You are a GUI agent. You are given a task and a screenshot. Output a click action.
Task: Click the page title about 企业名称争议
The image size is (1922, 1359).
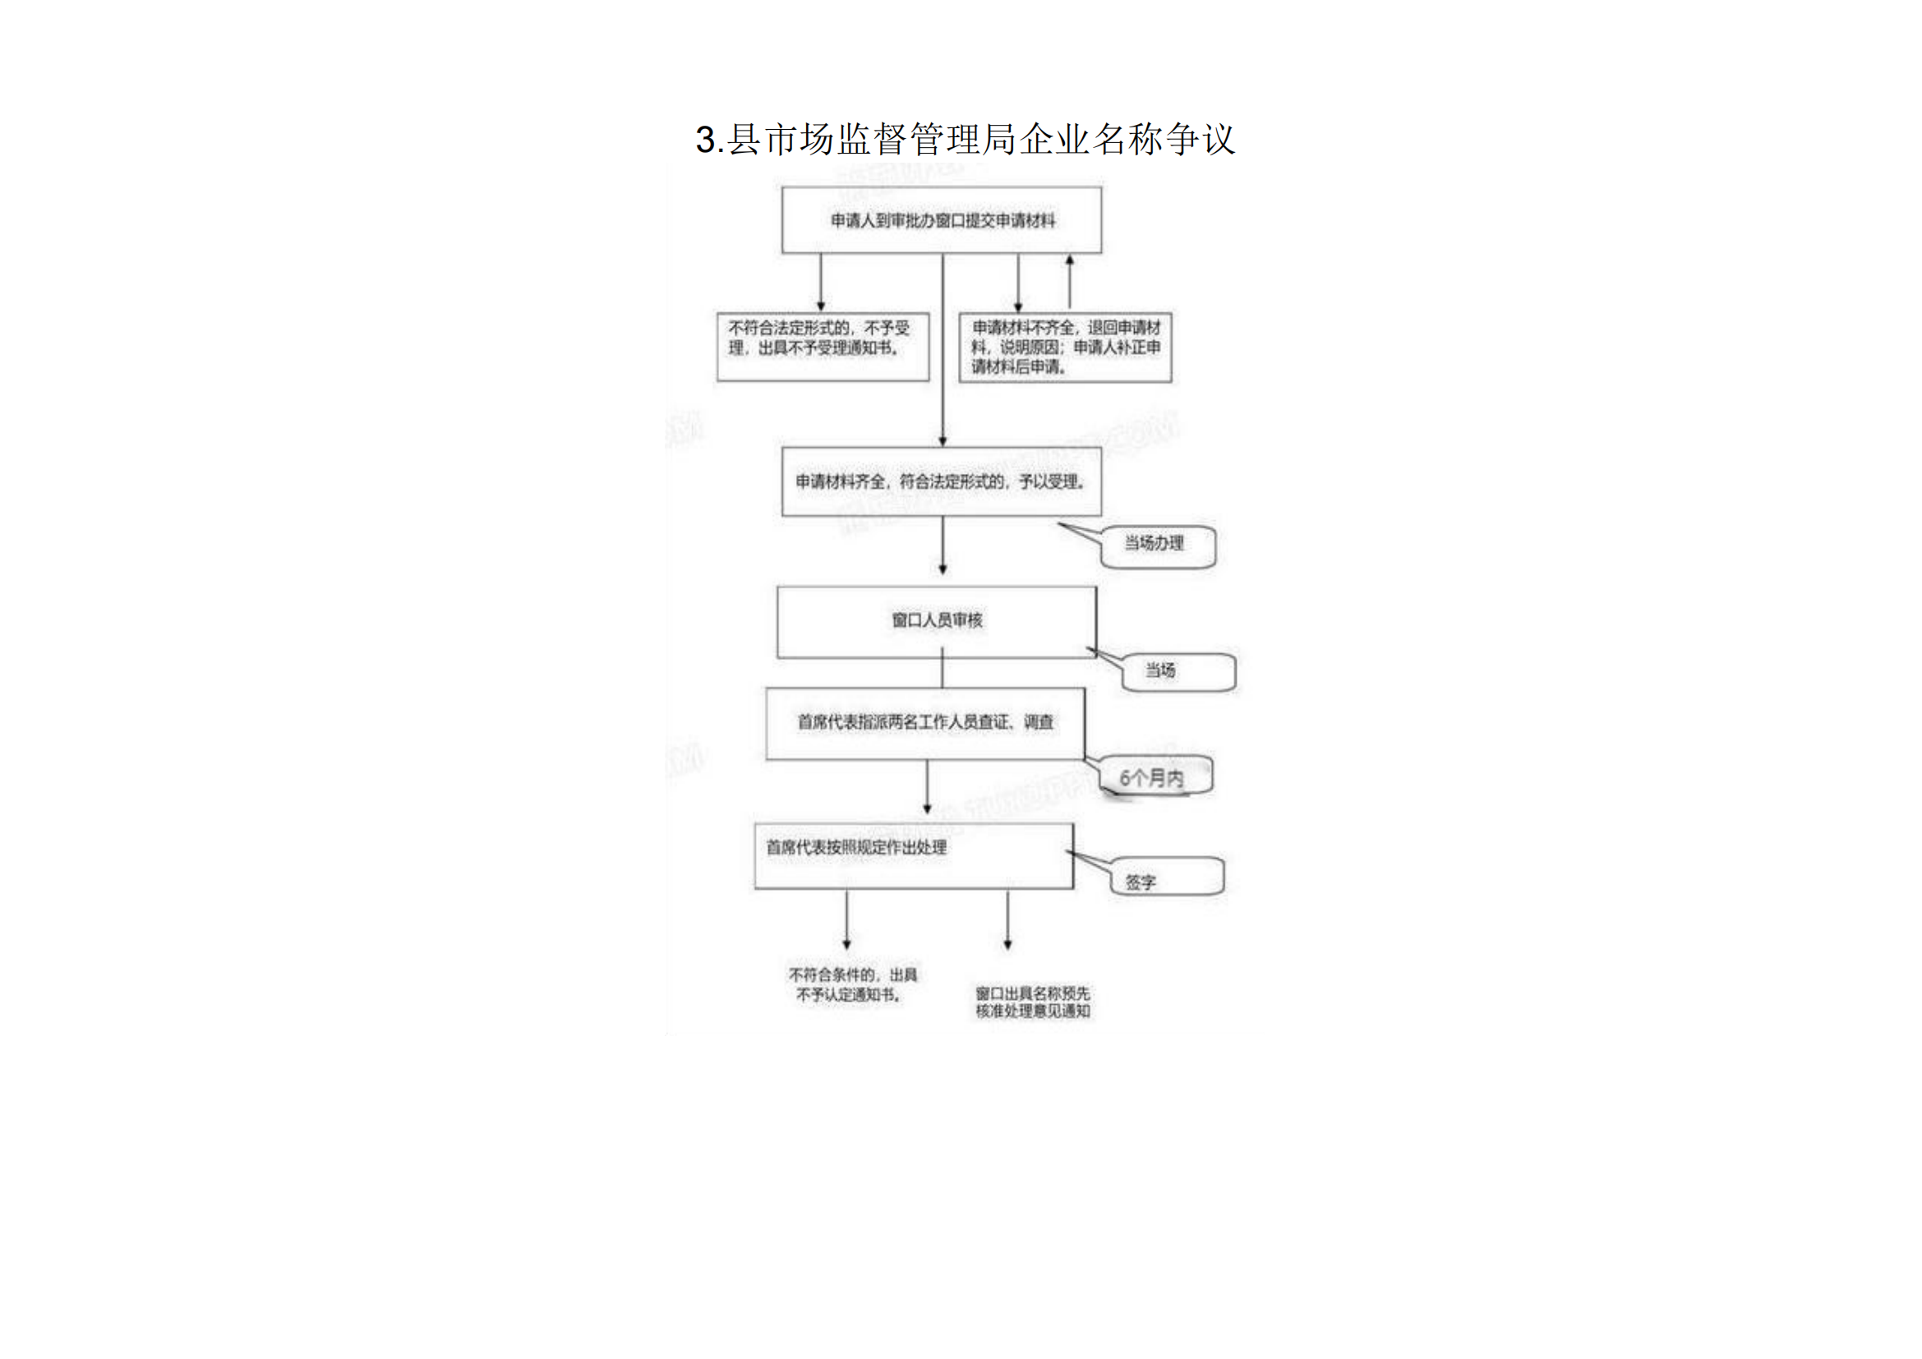point(965,139)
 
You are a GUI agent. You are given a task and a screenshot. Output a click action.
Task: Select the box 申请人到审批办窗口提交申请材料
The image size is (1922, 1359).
point(942,220)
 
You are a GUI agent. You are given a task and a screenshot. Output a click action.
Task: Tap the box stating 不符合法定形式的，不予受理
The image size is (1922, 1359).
point(822,347)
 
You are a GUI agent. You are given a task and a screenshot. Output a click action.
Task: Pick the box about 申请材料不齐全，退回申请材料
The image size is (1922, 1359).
point(1065,348)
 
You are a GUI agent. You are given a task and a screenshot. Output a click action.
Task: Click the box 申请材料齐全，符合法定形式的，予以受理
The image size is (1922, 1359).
point(941,481)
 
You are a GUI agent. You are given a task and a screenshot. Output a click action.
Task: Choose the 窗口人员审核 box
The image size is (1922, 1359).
point(936,621)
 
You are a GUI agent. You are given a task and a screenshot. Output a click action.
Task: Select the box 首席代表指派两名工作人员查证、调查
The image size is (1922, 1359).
point(925,723)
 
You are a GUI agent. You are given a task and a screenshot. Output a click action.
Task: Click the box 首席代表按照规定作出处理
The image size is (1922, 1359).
point(913,855)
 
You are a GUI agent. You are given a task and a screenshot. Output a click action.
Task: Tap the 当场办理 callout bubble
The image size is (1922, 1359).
point(1156,545)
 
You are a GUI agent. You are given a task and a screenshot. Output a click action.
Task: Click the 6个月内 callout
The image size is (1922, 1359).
point(1155,778)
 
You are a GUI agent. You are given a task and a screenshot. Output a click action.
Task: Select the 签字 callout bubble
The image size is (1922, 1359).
point(1167,878)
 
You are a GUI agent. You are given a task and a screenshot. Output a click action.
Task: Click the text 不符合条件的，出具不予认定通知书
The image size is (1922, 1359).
point(852,985)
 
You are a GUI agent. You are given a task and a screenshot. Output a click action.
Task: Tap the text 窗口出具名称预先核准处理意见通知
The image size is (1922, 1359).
point(1033,1002)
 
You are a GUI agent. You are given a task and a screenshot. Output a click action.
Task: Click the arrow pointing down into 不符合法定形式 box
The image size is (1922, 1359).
point(820,283)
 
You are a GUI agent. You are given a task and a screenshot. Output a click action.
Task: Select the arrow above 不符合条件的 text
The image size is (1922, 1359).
point(846,919)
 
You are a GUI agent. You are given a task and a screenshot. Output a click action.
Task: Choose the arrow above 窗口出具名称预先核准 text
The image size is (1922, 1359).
point(1007,919)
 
